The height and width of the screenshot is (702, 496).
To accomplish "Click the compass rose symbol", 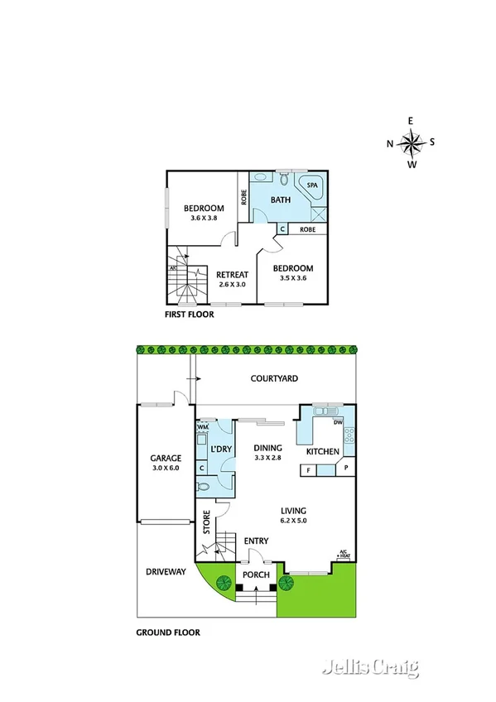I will [x=411, y=143].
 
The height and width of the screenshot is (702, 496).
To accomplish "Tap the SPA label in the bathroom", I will [x=312, y=186].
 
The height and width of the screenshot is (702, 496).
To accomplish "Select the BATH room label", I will [x=280, y=200].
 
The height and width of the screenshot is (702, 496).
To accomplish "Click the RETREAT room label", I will [x=233, y=275].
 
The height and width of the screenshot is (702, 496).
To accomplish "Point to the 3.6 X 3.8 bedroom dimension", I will [x=203, y=219].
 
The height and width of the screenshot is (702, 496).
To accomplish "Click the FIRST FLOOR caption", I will [x=190, y=315].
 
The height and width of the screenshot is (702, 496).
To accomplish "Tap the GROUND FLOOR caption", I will [x=167, y=632].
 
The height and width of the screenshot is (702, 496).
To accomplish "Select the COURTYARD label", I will [x=274, y=378].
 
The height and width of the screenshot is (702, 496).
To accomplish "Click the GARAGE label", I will [x=165, y=458].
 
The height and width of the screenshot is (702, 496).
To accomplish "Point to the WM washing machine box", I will [x=202, y=427].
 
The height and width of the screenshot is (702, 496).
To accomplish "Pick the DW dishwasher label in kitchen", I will [x=337, y=422].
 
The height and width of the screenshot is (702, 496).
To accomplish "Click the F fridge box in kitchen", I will [x=309, y=470].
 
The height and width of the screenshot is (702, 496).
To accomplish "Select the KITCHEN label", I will [x=323, y=452].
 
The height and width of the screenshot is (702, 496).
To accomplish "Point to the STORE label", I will [x=207, y=523].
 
